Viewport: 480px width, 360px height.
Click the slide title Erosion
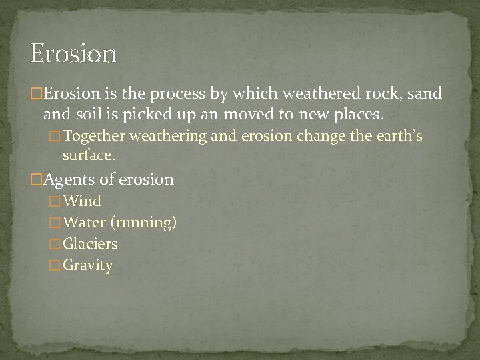pyautogui.click(x=74, y=53)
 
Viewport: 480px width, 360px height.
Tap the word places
pyautogui.click(x=359, y=116)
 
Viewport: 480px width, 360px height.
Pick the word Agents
pyautogui.click(x=67, y=179)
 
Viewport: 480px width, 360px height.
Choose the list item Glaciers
pyautogui.click(x=90, y=244)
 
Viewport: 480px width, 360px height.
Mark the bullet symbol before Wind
pyautogui.click(x=55, y=201)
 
